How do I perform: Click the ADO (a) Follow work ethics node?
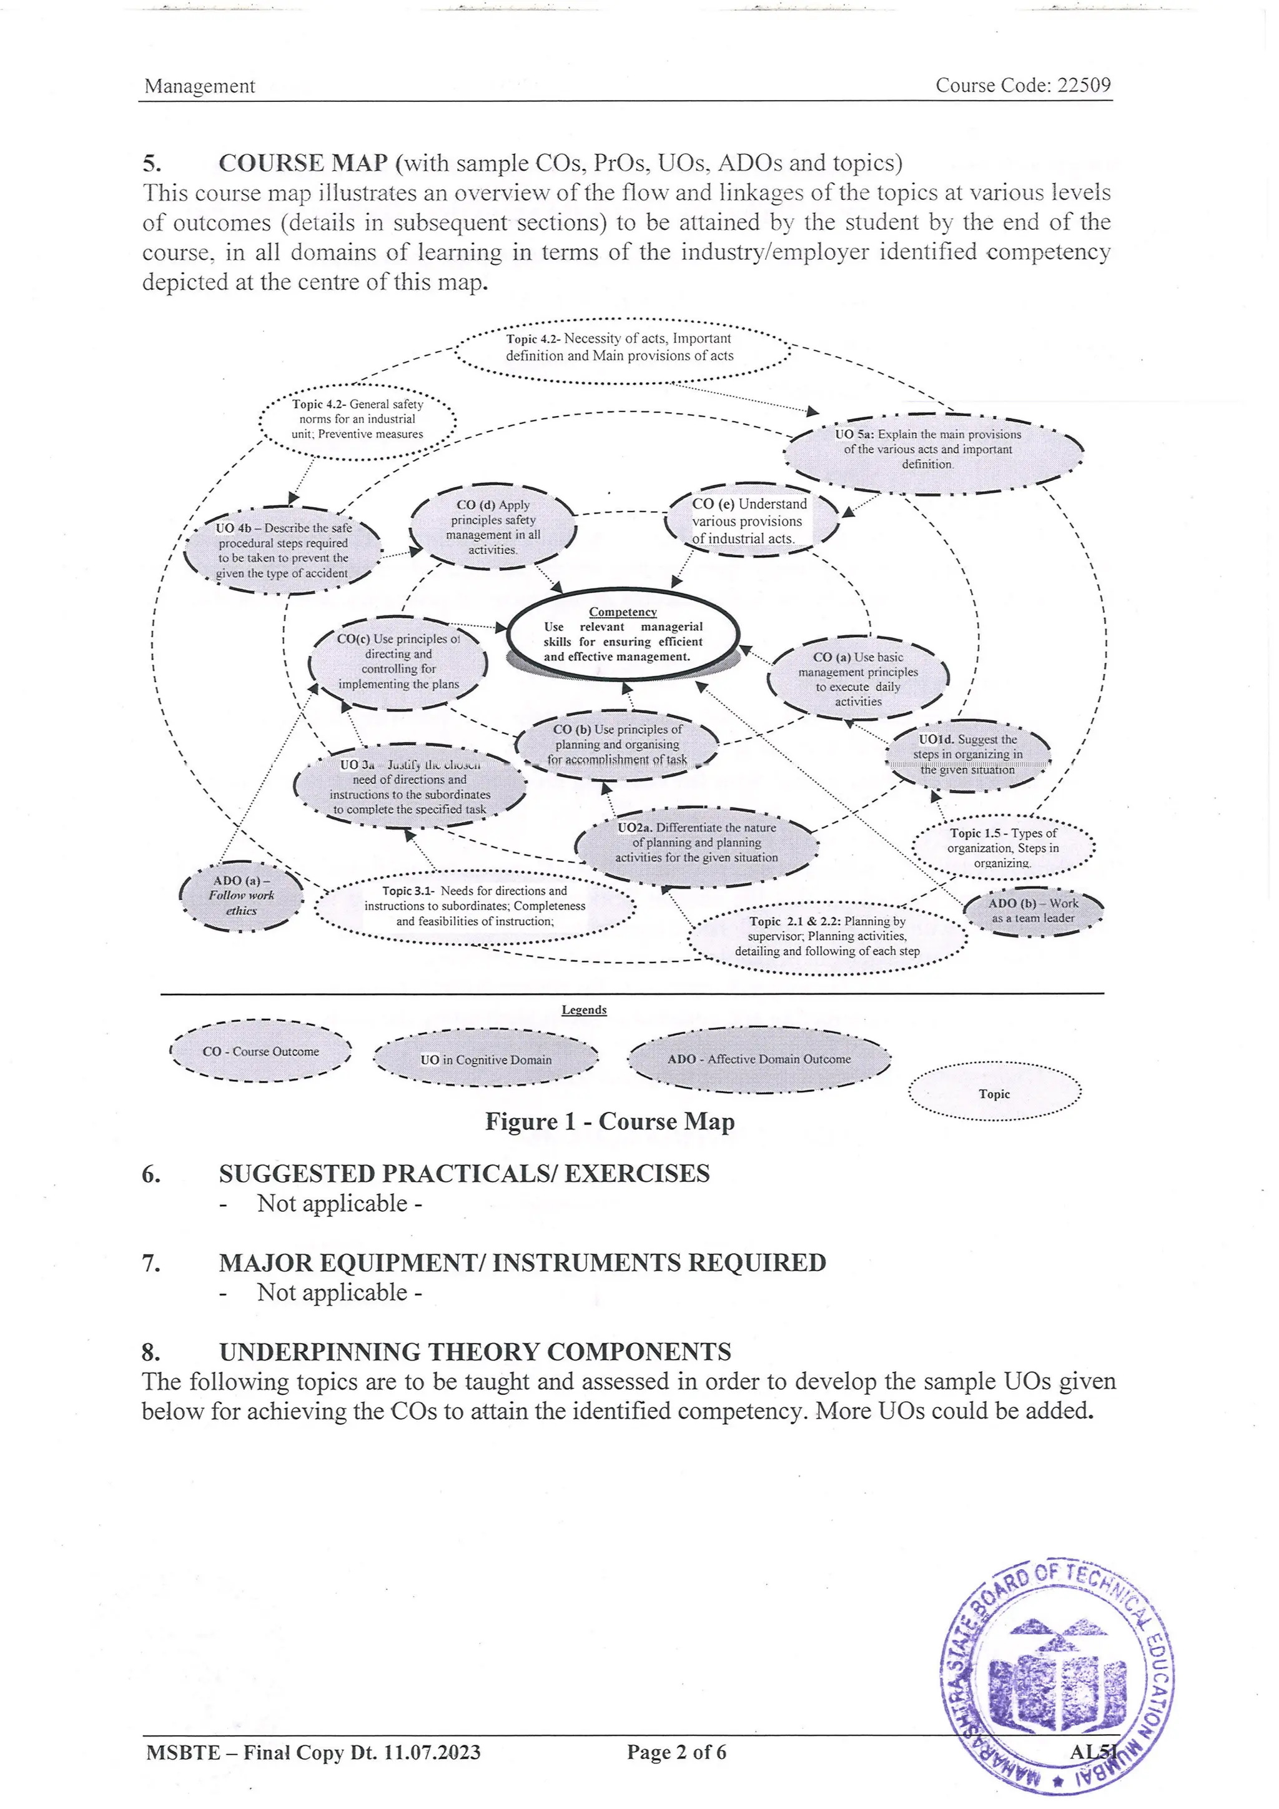241,896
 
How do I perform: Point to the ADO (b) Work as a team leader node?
1034,911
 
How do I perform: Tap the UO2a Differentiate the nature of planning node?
696,843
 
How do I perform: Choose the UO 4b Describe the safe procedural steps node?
283,550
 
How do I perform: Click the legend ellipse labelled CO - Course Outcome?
260,1051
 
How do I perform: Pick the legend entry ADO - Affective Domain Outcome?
759,1059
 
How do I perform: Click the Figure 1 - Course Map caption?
610,1121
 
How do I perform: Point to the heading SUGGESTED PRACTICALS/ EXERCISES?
464,1173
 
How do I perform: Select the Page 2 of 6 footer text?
676,1752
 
